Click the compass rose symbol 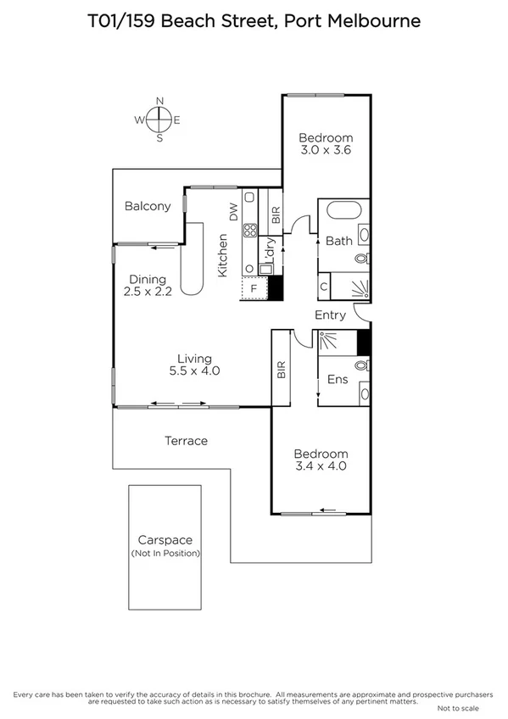[159, 120]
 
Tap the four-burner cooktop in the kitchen [251, 230]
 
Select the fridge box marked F [252, 288]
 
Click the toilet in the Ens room [362, 366]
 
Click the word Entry [330, 315]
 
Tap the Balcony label [148, 206]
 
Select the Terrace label [186, 441]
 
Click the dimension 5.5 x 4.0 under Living [194, 371]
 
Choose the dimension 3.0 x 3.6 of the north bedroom [326, 150]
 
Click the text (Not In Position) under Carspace [165, 553]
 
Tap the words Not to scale [458, 707]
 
